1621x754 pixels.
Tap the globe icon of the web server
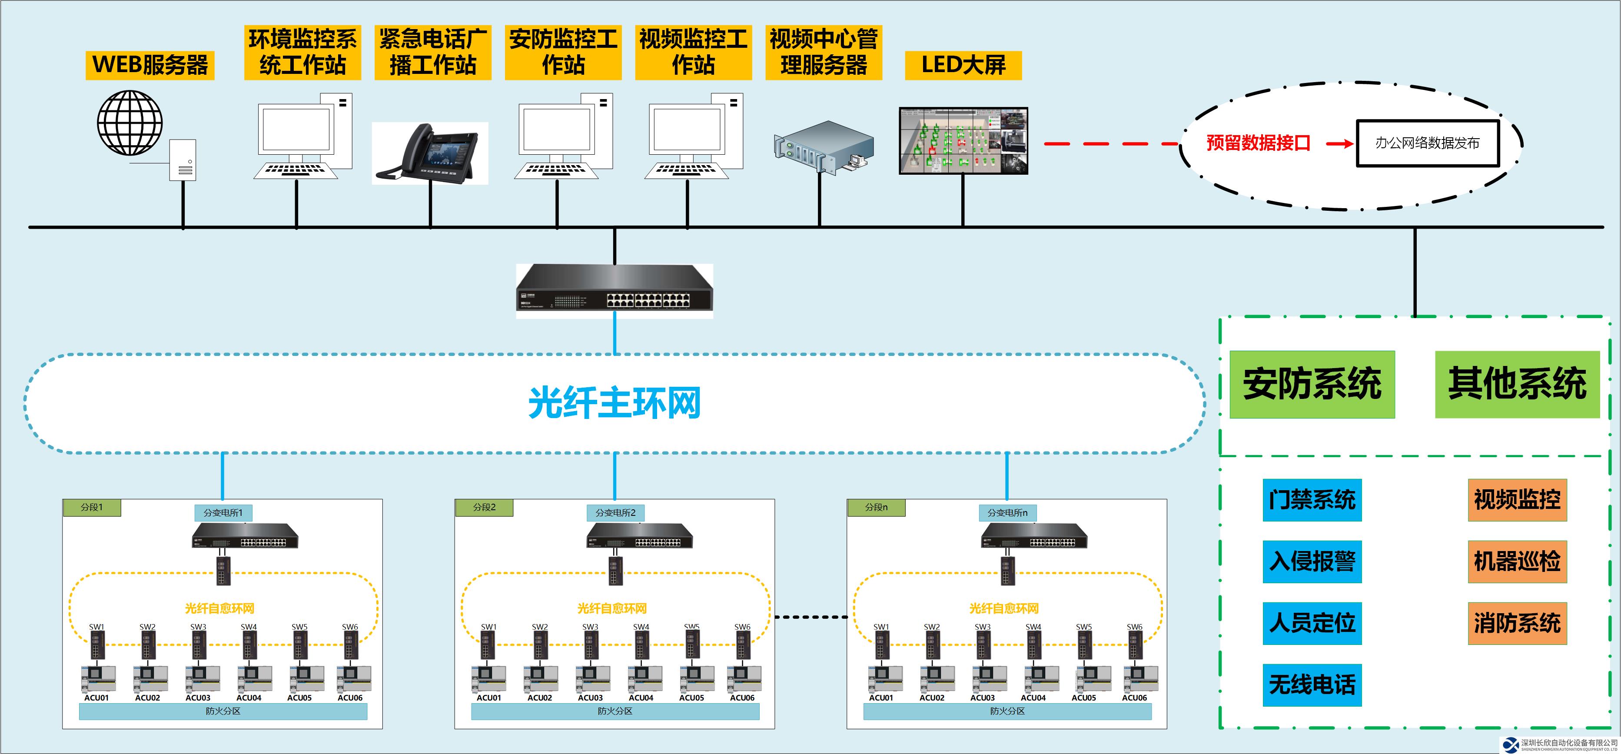click(x=130, y=123)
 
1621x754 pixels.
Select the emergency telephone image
click(x=430, y=153)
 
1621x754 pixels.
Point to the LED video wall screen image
click(x=963, y=140)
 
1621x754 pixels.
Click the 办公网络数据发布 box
click(x=1427, y=143)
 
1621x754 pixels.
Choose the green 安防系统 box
click(x=1312, y=384)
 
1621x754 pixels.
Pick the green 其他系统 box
click(x=1517, y=384)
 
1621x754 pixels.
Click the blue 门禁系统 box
click(x=1312, y=500)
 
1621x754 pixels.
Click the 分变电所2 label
click(x=615, y=513)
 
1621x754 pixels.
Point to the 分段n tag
click(x=876, y=507)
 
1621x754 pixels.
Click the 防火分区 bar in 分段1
click(x=223, y=711)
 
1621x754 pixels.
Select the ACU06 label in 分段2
click(x=742, y=698)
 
